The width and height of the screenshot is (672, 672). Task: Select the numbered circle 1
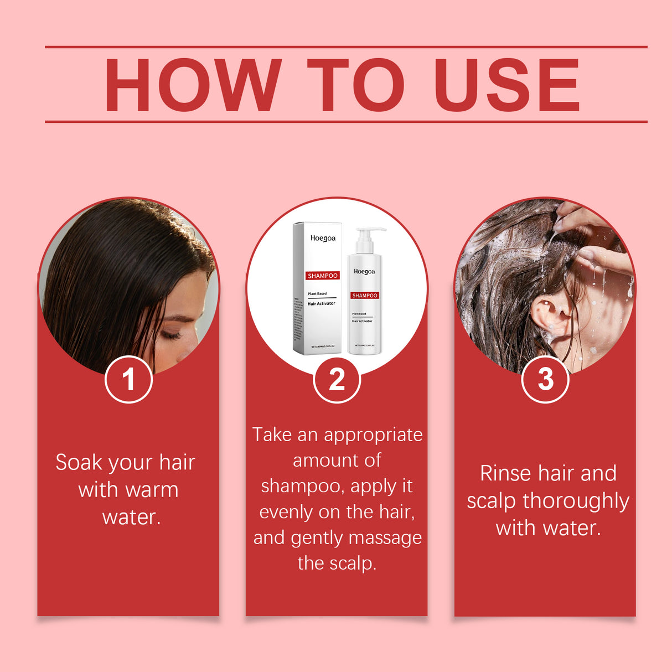point(128,379)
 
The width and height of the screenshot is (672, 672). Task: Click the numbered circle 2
point(337,379)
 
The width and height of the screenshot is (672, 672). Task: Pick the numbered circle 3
point(545,379)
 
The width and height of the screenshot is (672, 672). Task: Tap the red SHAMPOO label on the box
point(323,276)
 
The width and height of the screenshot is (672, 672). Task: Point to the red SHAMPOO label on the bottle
point(364,296)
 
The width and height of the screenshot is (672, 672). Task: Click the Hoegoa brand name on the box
point(323,239)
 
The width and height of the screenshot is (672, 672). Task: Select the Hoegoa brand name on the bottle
point(364,272)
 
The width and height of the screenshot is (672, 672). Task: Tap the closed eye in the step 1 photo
point(172,335)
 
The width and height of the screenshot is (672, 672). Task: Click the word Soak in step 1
point(79,463)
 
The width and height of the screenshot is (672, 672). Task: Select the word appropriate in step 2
point(373,436)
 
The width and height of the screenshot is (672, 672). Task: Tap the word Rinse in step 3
point(506,474)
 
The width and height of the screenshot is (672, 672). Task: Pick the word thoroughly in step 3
point(576,502)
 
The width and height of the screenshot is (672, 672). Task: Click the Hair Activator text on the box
point(322,304)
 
